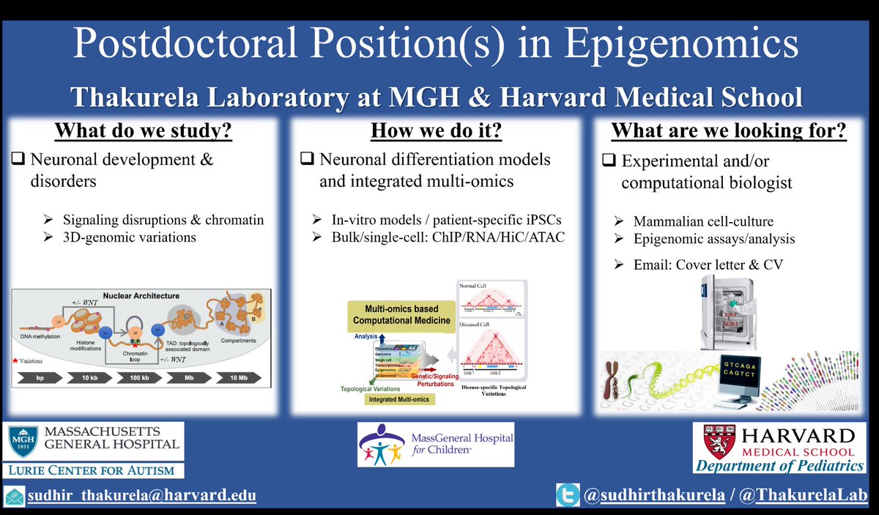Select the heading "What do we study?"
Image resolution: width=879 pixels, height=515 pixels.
(146, 131)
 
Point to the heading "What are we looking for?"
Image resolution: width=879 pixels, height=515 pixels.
(730, 131)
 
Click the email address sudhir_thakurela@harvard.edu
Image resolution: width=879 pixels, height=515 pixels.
(142, 496)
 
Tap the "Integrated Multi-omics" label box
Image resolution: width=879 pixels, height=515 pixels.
(399, 399)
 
